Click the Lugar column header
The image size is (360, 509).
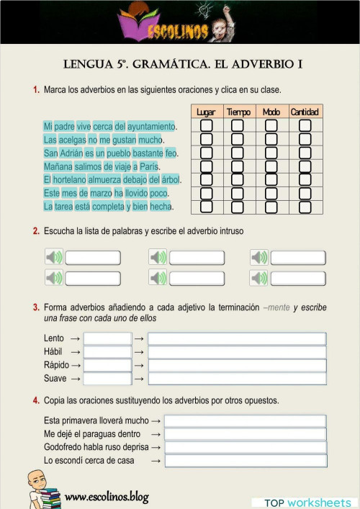pos(207,112)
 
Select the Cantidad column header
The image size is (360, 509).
pos(305,112)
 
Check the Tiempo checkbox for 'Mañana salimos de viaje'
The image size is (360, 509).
pos(238,166)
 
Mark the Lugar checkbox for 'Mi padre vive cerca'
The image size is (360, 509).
pos(207,126)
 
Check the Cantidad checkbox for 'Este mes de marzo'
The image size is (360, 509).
pos(305,194)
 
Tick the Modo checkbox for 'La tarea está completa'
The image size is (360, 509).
pos(271,207)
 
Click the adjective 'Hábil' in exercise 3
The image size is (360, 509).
pos(53,351)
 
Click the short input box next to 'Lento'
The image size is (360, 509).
pos(107,338)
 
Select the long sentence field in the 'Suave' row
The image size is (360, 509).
pos(237,379)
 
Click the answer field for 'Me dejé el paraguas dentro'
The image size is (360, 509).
pos(245,434)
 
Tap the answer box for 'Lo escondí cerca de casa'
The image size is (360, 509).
pos(245,461)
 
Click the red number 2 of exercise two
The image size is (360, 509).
pos(36,232)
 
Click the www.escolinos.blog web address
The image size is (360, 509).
pos(106,496)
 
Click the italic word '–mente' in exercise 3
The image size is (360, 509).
pos(276,307)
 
